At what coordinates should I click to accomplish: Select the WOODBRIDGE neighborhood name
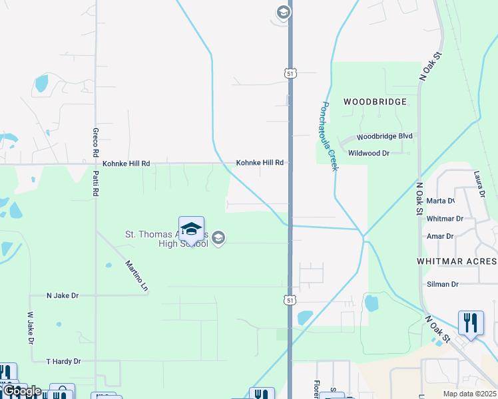[375, 102]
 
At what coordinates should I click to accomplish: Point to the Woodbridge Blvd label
[385, 136]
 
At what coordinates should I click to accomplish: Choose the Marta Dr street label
[441, 201]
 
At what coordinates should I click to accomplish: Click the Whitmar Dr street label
[445, 218]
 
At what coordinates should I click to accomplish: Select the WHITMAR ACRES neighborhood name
[457, 261]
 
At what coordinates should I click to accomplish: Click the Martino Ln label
[136, 276]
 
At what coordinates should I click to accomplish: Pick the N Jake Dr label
[63, 295]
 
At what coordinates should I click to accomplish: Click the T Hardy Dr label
[63, 361]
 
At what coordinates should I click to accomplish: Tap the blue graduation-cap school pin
[191, 229]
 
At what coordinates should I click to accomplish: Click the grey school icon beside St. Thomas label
[219, 237]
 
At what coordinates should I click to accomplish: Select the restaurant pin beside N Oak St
[471, 323]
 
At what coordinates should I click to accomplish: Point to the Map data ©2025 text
[469, 394]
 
